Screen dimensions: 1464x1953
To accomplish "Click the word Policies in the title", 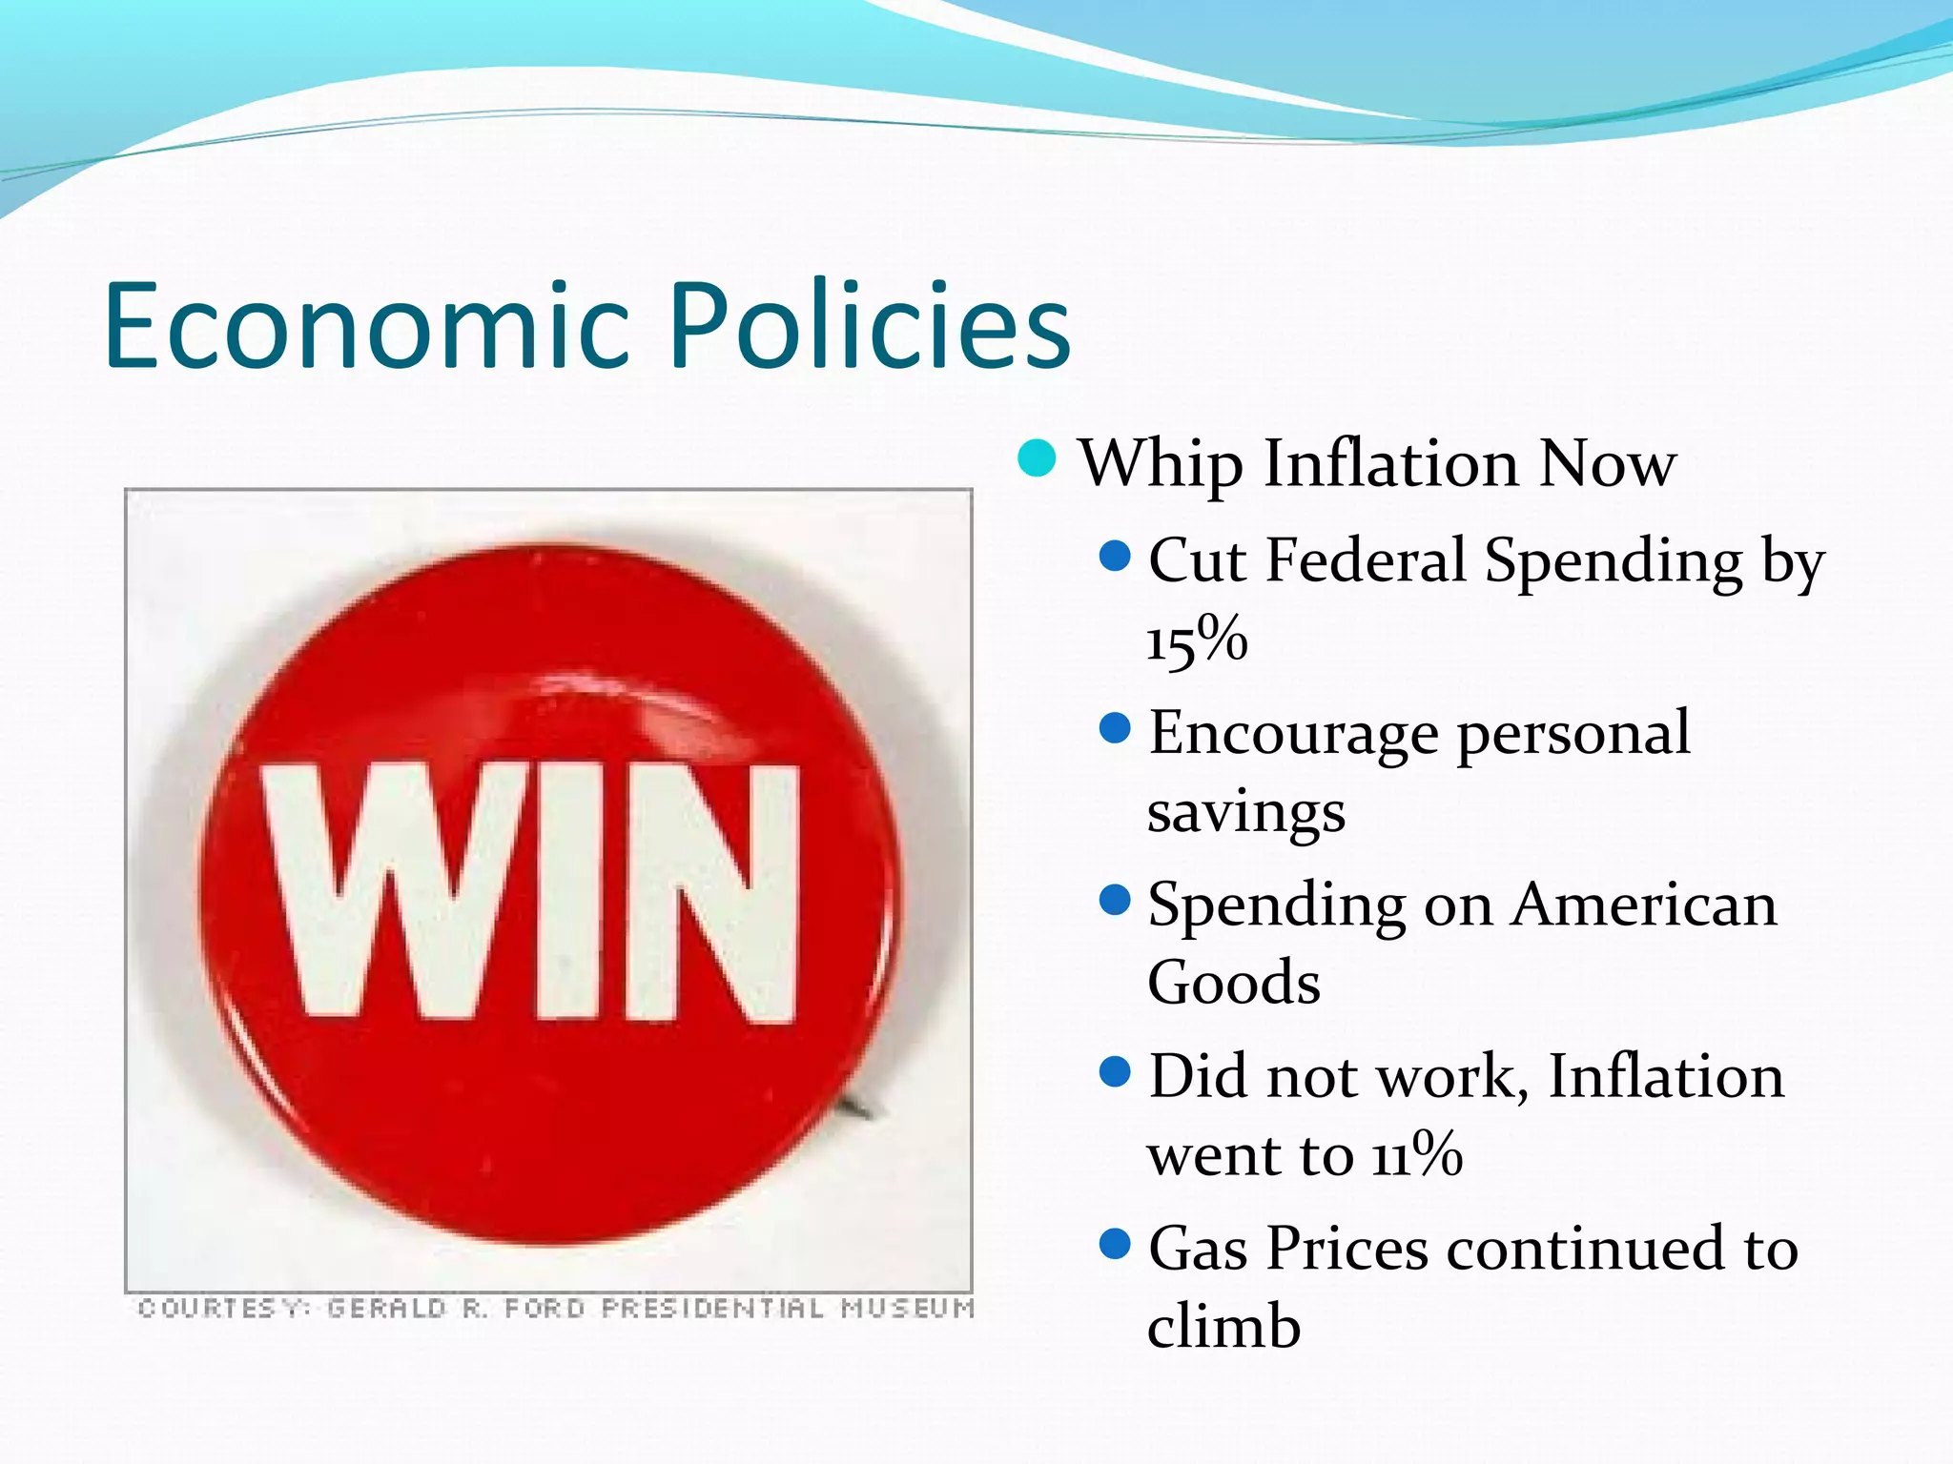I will (x=870, y=326).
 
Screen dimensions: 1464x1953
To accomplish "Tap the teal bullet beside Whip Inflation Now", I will (x=1037, y=458).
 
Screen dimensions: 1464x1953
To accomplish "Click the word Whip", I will (x=1160, y=465).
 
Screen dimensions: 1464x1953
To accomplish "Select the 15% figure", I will (x=1197, y=639).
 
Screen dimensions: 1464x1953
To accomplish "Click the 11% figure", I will (x=1417, y=1154).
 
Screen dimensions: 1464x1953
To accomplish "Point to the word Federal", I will (x=1365, y=560).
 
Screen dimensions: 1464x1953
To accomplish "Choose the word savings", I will (x=1245, y=813).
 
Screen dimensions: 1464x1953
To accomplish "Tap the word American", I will (x=1644, y=905).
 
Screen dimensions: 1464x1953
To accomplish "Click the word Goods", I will (x=1234, y=983).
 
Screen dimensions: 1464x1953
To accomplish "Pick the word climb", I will (x=1223, y=1326).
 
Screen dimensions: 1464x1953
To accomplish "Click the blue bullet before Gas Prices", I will (x=1114, y=1244).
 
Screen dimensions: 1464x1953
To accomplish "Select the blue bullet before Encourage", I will (x=1114, y=729).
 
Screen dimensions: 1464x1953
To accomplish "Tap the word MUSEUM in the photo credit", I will (x=907, y=1308).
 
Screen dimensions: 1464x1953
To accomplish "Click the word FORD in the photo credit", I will (x=544, y=1308).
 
